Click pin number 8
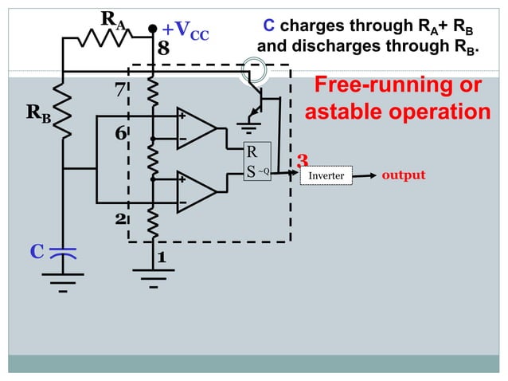(162, 49)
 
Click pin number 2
(120, 218)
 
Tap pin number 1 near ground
(161, 257)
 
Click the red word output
(404, 175)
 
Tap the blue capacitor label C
(36, 253)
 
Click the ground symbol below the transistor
(250, 125)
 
